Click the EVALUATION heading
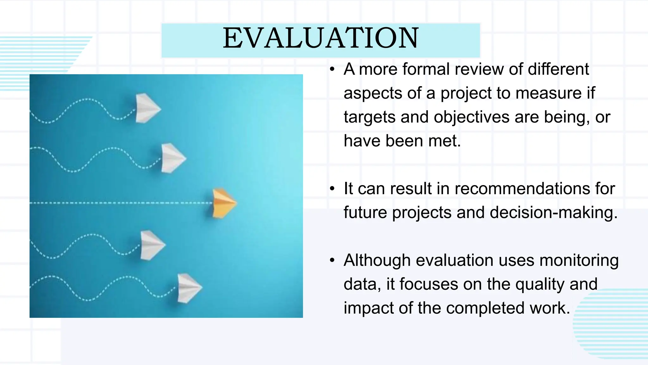coord(321,39)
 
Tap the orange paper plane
coord(223,203)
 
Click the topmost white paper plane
coord(147,108)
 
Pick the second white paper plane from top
coord(172,158)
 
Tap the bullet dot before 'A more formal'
coord(332,69)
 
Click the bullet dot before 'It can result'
coord(332,189)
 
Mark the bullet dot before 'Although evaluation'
coord(332,260)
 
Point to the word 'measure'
coord(548,93)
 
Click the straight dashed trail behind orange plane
coord(120,203)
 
